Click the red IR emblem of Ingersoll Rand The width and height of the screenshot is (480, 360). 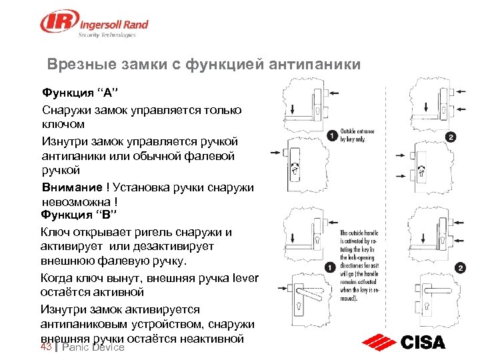pyautogui.click(x=56, y=22)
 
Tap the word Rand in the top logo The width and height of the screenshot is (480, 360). pyautogui.click(x=133, y=25)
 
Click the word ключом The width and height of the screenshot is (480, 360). pyautogui.click(x=63, y=124)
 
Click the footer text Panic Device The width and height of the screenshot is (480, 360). pyautogui.click(x=93, y=348)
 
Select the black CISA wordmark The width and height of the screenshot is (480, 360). pyautogui.click(x=423, y=343)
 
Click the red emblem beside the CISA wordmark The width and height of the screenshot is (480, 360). pyautogui.click(x=379, y=343)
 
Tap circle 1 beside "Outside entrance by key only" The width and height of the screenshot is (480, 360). pyautogui.click(x=332, y=137)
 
